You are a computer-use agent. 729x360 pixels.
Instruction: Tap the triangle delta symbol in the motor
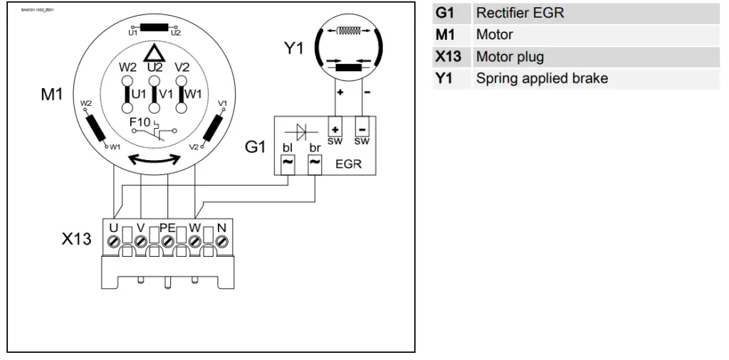[x=153, y=53]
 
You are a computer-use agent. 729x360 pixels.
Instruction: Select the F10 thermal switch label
[x=140, y=122]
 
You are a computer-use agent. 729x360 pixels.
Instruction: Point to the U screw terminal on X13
[x=114, y=241]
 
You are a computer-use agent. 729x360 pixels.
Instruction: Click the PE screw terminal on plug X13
[x=167, y=241]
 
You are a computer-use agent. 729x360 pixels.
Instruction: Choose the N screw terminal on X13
[x=221, y=241]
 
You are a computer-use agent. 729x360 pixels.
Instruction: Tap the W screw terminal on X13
[x=194, y=241]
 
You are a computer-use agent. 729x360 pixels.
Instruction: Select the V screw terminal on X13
[x=141, y=241]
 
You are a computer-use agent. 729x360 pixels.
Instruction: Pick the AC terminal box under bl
[x=289, y=163]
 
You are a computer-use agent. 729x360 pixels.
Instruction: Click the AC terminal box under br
[x=315, y=163]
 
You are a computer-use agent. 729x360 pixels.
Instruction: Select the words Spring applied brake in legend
[x=542, y=78]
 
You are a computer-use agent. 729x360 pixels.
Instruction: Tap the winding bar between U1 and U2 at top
[x=153, y=28]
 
